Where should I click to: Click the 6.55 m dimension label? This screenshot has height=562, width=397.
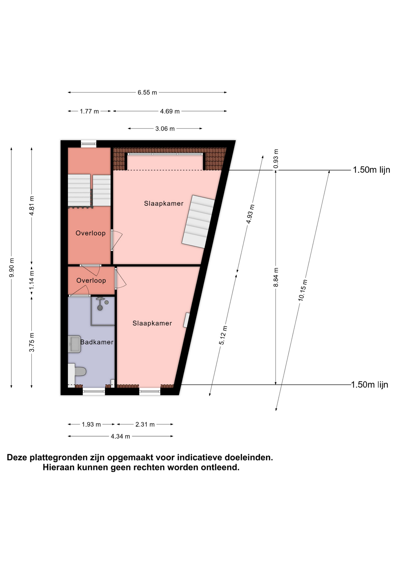(147, 92)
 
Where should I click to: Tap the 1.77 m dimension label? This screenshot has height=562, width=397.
(89, 111)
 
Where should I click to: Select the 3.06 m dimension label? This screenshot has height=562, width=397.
(165, 128)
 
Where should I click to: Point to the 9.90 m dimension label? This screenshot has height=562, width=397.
(11, 268)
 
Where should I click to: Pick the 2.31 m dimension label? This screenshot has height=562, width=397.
(145, 424)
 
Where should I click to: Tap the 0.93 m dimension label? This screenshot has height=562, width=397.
(276, 159)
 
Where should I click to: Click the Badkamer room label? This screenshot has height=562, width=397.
(97, 342)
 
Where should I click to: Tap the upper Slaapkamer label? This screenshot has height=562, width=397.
(164, 203)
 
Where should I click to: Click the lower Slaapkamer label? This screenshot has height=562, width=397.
(152, 323)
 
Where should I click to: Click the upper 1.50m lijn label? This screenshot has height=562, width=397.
(372, 170)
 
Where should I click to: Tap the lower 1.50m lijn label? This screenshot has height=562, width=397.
(370, 385)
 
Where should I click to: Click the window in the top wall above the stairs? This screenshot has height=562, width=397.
(89, 143)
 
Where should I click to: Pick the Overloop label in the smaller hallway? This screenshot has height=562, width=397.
(91, 280)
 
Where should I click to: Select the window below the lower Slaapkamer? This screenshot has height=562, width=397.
(150, 391)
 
